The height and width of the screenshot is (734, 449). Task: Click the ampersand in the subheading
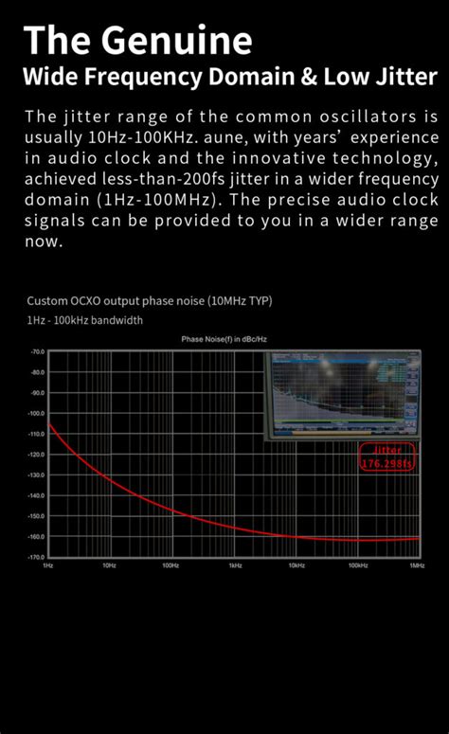307,77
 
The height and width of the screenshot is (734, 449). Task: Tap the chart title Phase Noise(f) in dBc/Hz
225,339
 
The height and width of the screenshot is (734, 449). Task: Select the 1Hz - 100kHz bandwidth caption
85,320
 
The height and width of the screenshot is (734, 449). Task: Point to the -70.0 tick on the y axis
37,350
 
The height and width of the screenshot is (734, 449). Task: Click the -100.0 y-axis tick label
36,413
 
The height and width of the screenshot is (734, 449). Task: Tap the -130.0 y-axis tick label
36,474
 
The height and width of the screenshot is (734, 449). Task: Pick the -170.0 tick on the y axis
36,557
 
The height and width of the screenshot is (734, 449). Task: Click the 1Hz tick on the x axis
47,565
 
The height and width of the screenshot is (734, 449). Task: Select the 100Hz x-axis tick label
171,565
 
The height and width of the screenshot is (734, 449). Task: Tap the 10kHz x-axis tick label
296,565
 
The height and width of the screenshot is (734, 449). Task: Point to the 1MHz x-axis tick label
416,565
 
